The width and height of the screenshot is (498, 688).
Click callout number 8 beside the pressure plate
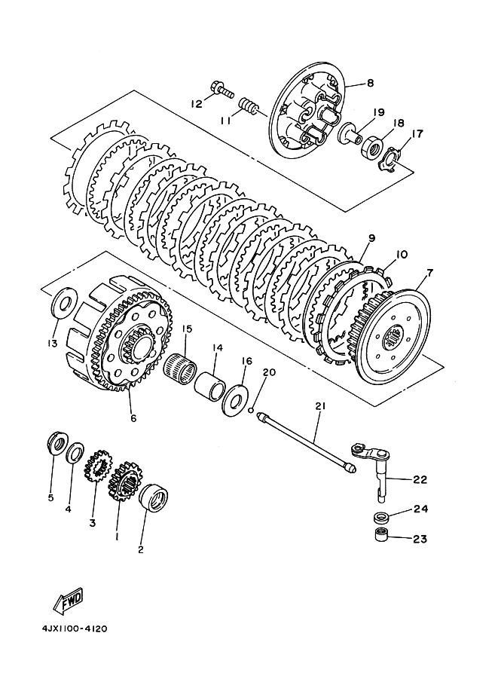coord(371,82)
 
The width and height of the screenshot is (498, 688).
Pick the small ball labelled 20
coord(251,410)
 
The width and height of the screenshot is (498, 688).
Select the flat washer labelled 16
coord(234,399)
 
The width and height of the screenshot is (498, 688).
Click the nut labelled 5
coord(57,444)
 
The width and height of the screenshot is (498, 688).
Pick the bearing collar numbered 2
coord(154,497)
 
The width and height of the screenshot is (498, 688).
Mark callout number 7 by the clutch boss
coord(429,274)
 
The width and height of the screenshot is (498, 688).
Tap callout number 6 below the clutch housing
coord(133,417)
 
